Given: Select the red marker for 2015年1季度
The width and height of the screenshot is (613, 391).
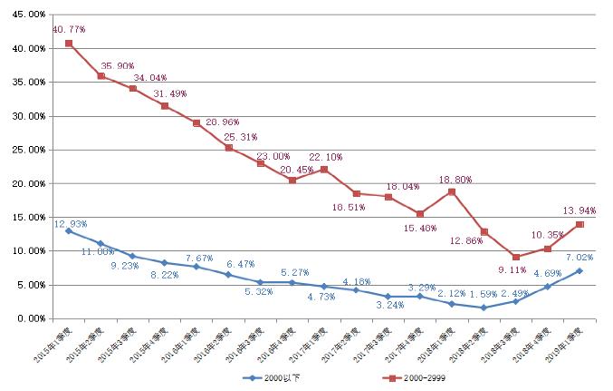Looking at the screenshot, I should (69, 44).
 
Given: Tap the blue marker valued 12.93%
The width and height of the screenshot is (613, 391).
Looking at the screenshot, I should (69, 230).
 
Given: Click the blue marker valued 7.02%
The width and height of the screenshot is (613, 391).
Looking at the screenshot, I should (579, 270).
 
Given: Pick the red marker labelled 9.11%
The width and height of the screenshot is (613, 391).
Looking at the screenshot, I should (515, 257).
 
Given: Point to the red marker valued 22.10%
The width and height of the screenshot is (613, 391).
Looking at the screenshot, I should (324, 170).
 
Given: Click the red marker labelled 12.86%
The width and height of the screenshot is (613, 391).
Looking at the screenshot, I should (484, 232).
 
